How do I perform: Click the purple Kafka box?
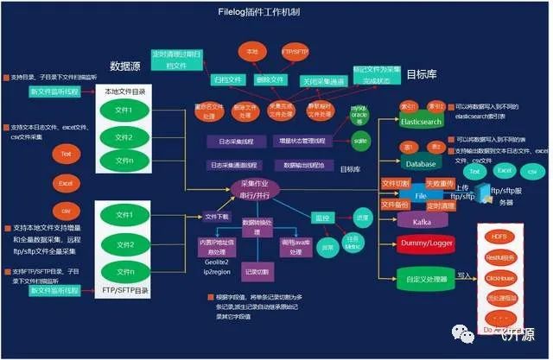423,222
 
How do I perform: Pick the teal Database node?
421,163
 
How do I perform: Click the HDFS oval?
500,236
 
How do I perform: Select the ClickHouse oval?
500,278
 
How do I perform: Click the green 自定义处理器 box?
424,278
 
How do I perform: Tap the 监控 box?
319,218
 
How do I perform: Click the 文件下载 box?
216,217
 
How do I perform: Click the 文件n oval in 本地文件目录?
124,161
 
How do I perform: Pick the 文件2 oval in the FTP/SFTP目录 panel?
124,244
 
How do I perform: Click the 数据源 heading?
125,66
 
